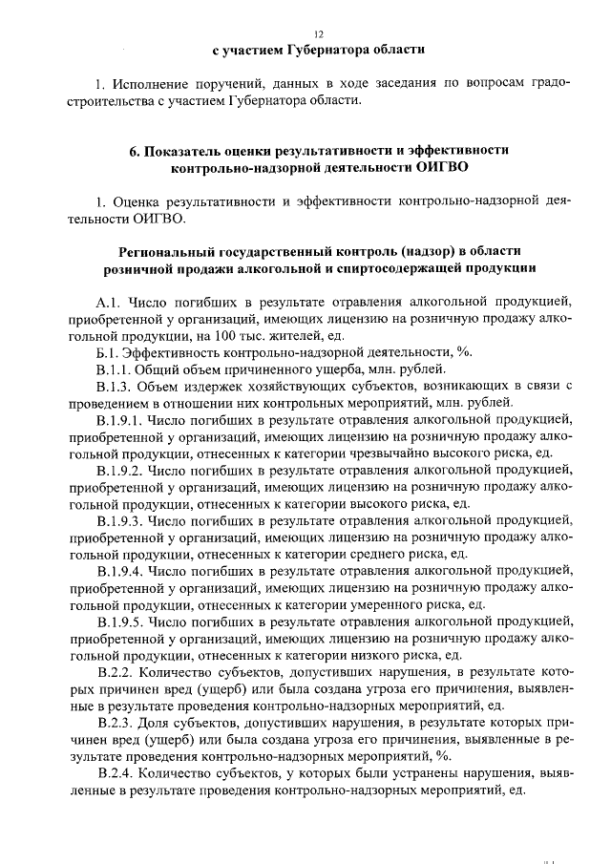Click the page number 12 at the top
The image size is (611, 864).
point(305,32)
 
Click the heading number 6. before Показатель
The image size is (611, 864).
point(135,151)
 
